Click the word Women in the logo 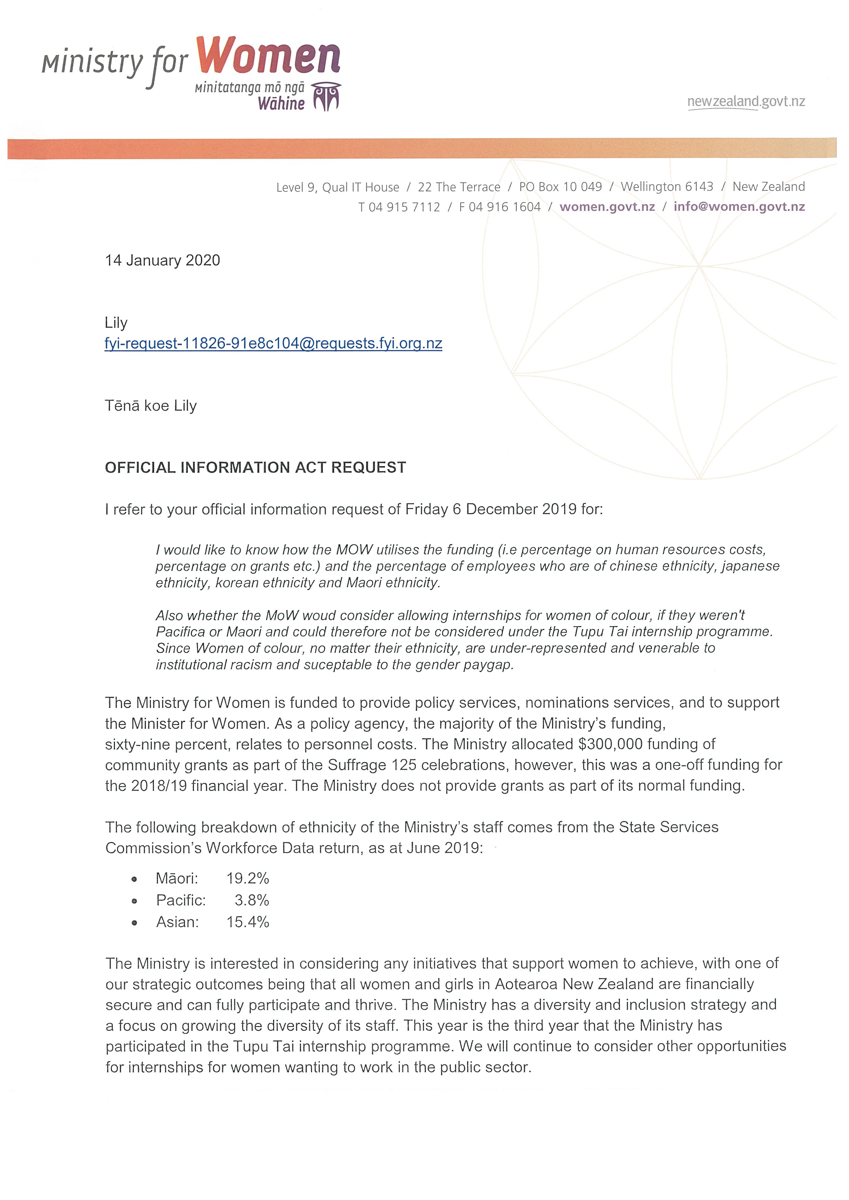tap(269, 56)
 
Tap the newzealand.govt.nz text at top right tap(746, 102)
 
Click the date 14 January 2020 tap(162, 260)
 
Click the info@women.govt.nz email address tap(739, 206)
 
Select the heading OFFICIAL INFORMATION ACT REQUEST tap(255, 467)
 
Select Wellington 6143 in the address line tap(667, 187)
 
